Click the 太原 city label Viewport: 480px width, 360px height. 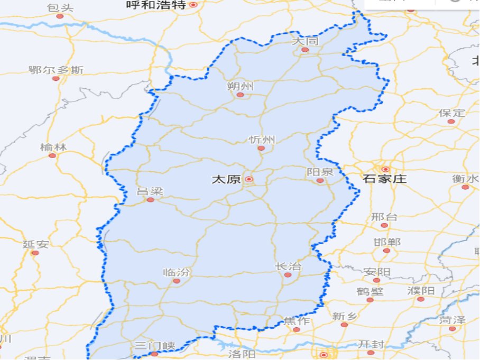[226, 180]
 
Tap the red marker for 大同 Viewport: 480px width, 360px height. [305, 50]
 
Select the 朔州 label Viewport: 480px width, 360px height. [240, 86]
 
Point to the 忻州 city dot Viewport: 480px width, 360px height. [261, 148]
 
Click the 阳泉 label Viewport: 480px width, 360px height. [320, 172]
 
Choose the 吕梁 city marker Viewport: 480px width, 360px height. [151, 200]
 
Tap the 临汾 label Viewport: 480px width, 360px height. [176, 273]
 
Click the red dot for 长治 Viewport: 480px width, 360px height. [288, 275]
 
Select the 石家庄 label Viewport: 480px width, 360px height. [385, 179]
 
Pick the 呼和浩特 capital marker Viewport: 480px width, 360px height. [193, 5]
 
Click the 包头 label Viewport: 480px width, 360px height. [60, 8]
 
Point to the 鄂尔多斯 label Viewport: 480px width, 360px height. [56, 70]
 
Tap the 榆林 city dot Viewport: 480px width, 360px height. [52, 155]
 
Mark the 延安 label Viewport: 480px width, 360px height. [36, 244]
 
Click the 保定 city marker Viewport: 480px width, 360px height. [451, 122]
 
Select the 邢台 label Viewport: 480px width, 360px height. [384, 217]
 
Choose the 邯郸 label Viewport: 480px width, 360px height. [387, 242]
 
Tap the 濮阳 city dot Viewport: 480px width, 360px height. [421, 299]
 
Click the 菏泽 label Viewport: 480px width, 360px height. [453, 320]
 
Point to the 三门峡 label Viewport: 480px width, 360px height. [155, 346]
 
